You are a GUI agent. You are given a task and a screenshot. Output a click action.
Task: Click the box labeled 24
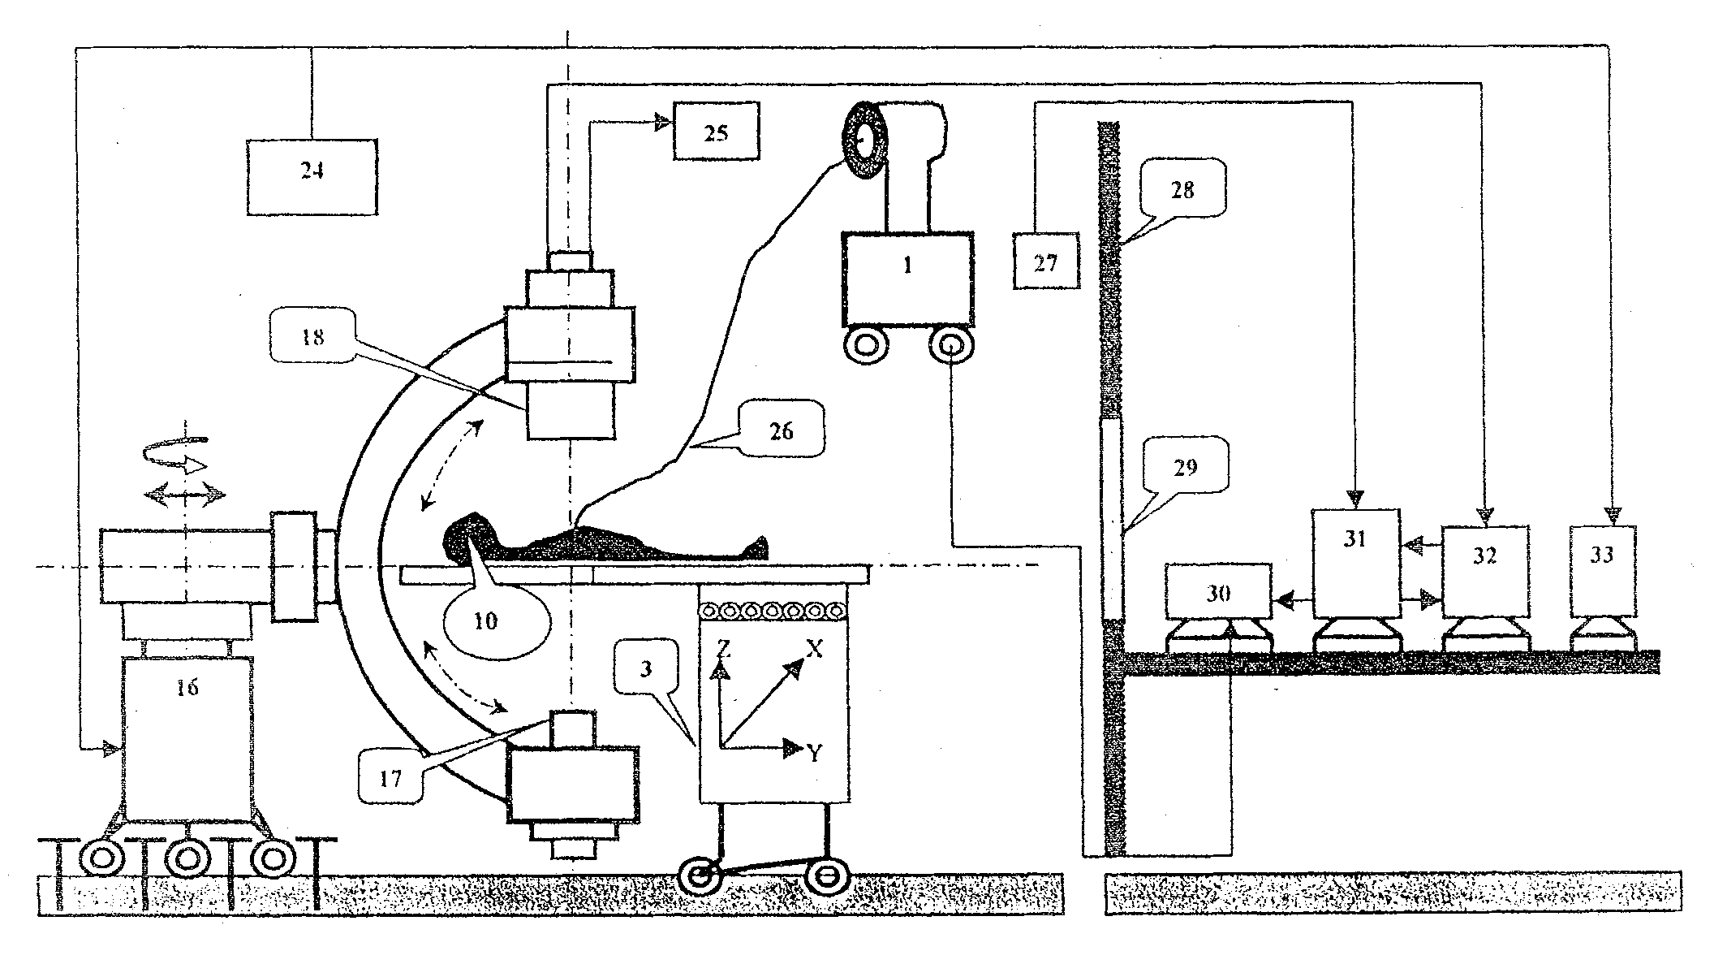312,176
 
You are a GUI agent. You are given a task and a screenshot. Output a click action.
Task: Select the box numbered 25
716,131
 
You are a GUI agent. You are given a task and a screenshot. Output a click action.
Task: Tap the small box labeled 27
1046,261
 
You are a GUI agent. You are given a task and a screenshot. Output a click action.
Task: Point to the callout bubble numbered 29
1186,467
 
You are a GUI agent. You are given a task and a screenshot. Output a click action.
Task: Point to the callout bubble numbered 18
312,336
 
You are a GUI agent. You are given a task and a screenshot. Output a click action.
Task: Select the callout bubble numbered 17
390,777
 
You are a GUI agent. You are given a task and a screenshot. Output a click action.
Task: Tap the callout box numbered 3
645,668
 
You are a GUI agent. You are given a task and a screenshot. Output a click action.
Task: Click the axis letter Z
725,647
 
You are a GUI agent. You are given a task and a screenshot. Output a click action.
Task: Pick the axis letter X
814,647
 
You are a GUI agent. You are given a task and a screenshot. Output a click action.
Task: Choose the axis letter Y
815,753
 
